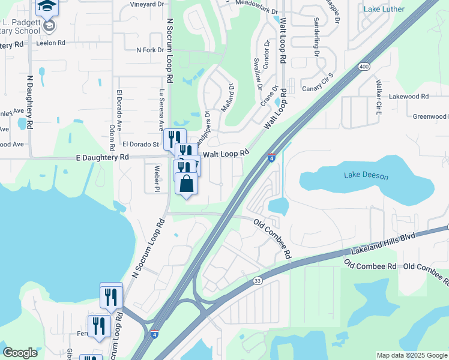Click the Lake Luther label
[x=384, y=9]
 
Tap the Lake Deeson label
[x=366, y=175]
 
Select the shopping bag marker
[x=186, y=184]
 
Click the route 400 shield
[x=363, y=67]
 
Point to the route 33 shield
[x=258, y=280]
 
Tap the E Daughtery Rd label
[x=103, y=157]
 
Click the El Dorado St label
[x=140, y=144]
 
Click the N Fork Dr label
[x=150, y=50]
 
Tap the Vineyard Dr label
[x=148, y=4]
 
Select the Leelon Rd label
[x=50, y=43]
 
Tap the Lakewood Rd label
[x=408, y=96]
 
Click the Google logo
[x=20, y=353]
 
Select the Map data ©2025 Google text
[x=411, y=355]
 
